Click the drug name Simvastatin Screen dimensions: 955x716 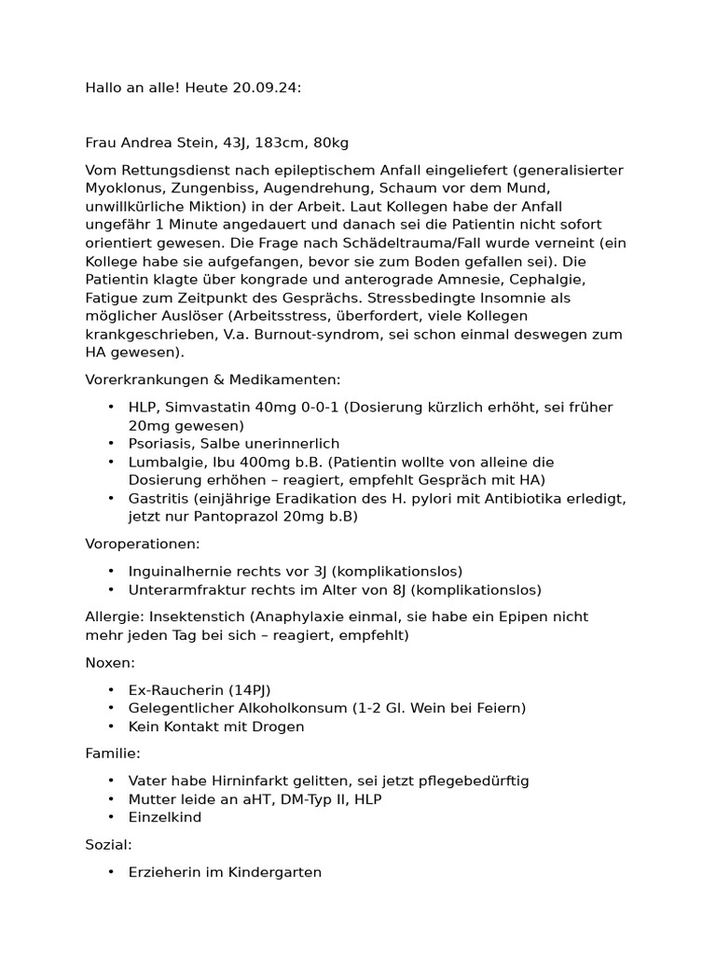coord(207,408)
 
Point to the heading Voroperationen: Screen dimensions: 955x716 coord(143,544)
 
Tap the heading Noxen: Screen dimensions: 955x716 coord(110,662)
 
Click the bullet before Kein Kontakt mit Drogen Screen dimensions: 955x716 coord(112,727)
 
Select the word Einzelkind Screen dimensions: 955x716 coord(165,817)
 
